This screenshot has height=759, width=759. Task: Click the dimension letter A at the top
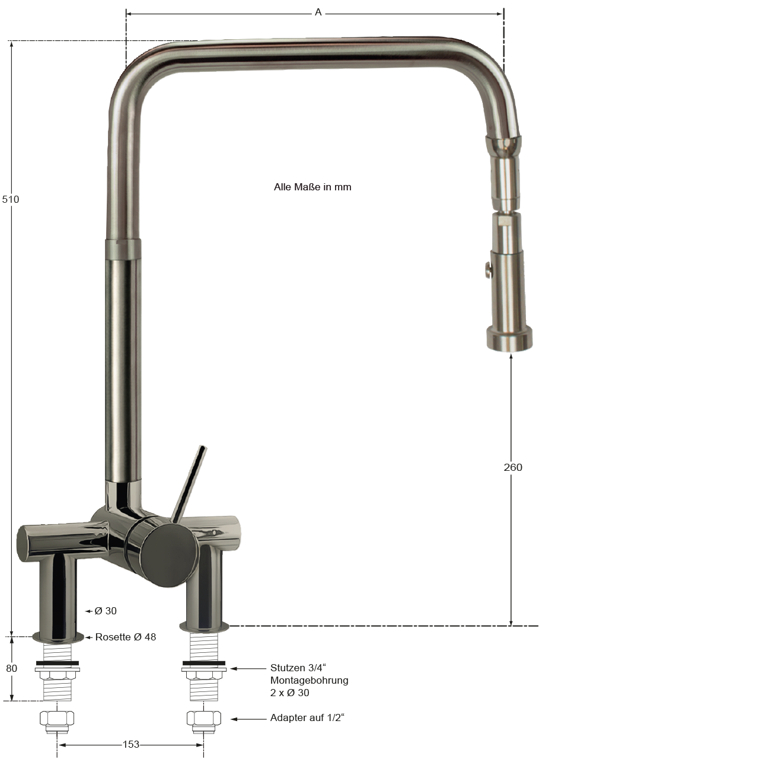[x=318, y=12]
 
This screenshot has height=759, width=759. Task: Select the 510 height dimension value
[x=11, y=199]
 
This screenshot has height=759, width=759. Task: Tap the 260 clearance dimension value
[x=513, y=467]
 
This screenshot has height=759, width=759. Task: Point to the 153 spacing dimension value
[x=131, y=744]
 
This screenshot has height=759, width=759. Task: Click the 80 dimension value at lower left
[x=11, y=668]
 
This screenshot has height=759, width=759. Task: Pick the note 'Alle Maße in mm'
[x=312, y=187]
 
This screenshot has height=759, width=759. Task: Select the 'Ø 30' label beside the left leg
[x=106, y=611]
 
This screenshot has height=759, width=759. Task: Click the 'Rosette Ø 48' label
[x=126, y=637]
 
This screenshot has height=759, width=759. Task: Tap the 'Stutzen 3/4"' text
[x=298, y=668]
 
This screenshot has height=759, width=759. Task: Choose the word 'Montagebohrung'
[x=309, y=680]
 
